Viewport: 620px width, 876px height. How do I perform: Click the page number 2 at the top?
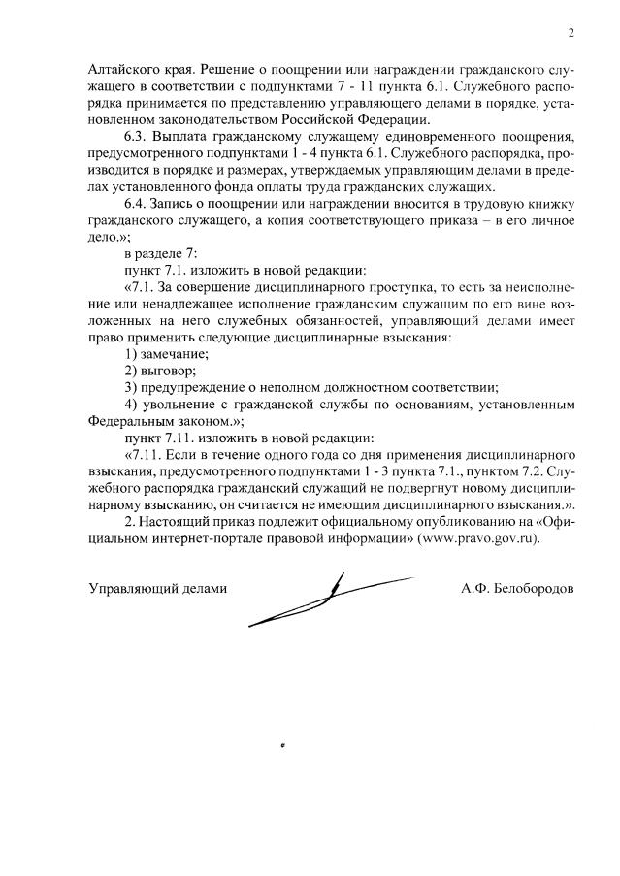point(571,34)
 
